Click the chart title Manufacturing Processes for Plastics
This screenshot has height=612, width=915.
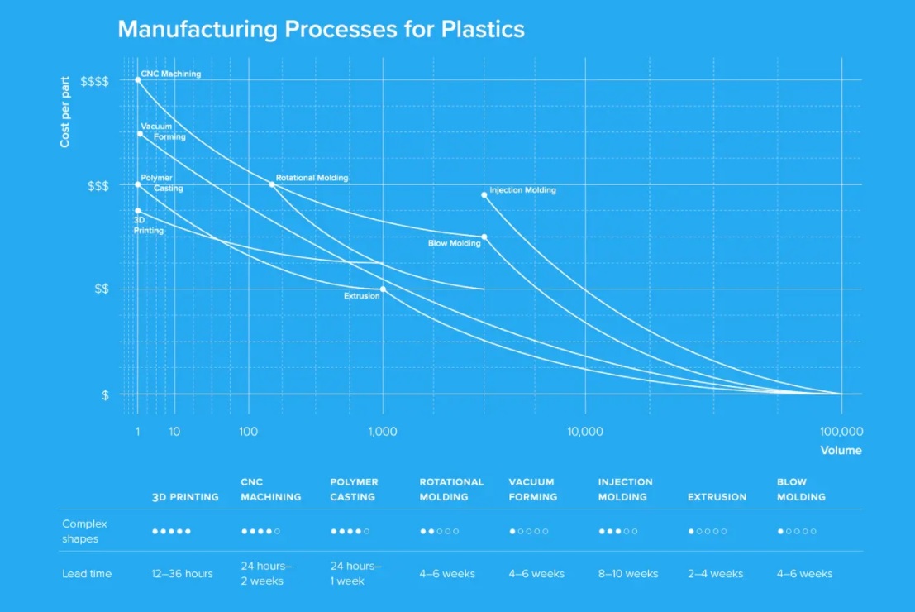(x=321, y=29)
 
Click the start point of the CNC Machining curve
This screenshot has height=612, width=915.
(x=138, y=79)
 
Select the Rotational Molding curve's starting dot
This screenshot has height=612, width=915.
(x=272, y=184)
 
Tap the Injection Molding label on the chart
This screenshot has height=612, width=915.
(x=522, y=190)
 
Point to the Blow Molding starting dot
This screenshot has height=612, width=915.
(x=484, y=237)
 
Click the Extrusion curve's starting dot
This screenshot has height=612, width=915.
(x=383, y=289)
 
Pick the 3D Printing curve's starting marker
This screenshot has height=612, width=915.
(x=138, y=210)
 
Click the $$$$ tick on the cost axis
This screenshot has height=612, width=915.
(x=94, y=81)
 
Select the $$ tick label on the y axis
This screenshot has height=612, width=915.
(x=100, y=289)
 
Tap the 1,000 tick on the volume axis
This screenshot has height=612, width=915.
(x=383, y=432)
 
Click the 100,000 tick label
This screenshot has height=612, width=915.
(x=841, y=432)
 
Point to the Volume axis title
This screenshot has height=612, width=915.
(x=841, y=451)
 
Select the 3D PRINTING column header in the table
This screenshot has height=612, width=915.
(x=185, y=497)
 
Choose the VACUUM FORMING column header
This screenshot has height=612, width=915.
(x=532, y=489)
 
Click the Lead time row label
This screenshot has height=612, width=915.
(x=87, y=573)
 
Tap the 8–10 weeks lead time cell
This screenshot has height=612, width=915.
(x=628, y=573)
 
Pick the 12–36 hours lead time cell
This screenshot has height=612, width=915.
(x=182, y=573)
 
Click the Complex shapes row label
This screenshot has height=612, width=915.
(x=84, y=531)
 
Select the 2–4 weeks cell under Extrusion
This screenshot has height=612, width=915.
(x=715, y=573)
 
